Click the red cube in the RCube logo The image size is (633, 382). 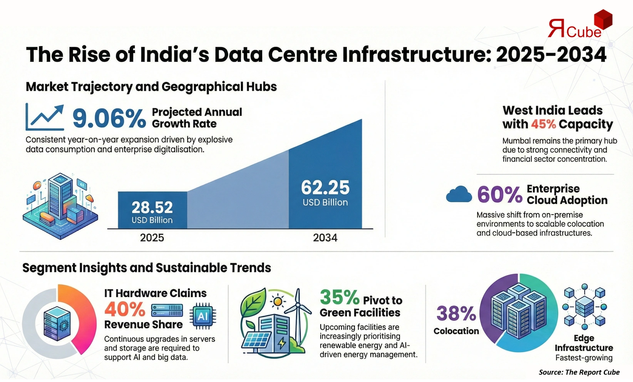(x=603, y=20)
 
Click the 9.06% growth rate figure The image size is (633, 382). (x=109, y=118)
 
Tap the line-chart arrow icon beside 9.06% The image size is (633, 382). (x=45, y=117)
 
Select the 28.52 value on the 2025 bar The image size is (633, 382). (x=152, y=208)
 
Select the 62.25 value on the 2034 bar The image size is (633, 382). (x=325, y=188)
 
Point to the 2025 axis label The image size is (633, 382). (x=152, y=238)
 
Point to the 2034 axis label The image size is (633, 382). (x=325, y=238)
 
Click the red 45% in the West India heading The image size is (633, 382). (x=543, y=124)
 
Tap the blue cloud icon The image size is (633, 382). (x=459, y=195)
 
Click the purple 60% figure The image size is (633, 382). (x=499, y=195)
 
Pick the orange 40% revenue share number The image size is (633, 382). (x=125, y=309)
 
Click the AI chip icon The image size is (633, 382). (x=203, y=316)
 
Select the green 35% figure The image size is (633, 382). (x=339, y=297)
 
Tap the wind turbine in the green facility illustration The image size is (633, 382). (x=298, y=312)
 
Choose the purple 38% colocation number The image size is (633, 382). (x=456, y=314)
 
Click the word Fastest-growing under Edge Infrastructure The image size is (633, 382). (x=584, y=358)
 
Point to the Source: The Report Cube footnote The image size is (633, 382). (x=579, y=372)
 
